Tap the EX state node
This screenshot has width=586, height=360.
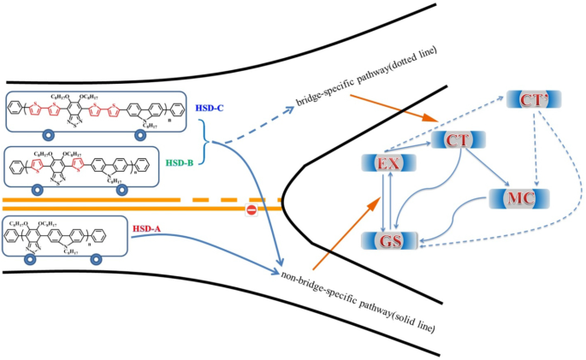click(x=388, y=162)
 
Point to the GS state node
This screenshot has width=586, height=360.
click(x=388, y=239)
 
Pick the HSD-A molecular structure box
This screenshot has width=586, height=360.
click(x=66, y=236)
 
